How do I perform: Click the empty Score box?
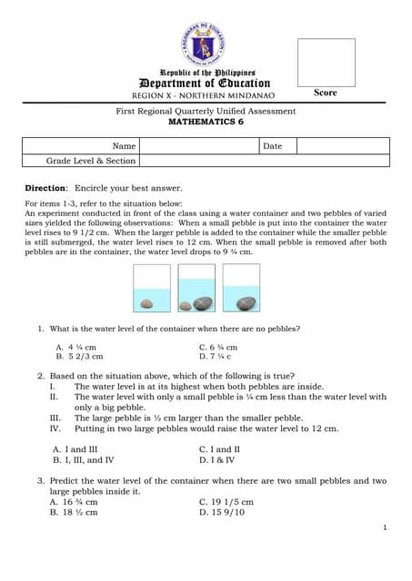click(x=326, y=61)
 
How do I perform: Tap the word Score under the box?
click(x=326, y=93)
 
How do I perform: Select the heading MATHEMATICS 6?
click(x=206, y=121)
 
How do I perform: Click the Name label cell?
click(x=124, y=145)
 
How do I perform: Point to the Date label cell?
click(x=273, y=145)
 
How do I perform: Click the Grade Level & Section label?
click(x=91, y=161)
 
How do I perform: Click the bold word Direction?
click(x=45, y=187)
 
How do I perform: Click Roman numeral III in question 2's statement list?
click(x=55, y=418)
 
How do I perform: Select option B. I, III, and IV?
click(x=84, y=459)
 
